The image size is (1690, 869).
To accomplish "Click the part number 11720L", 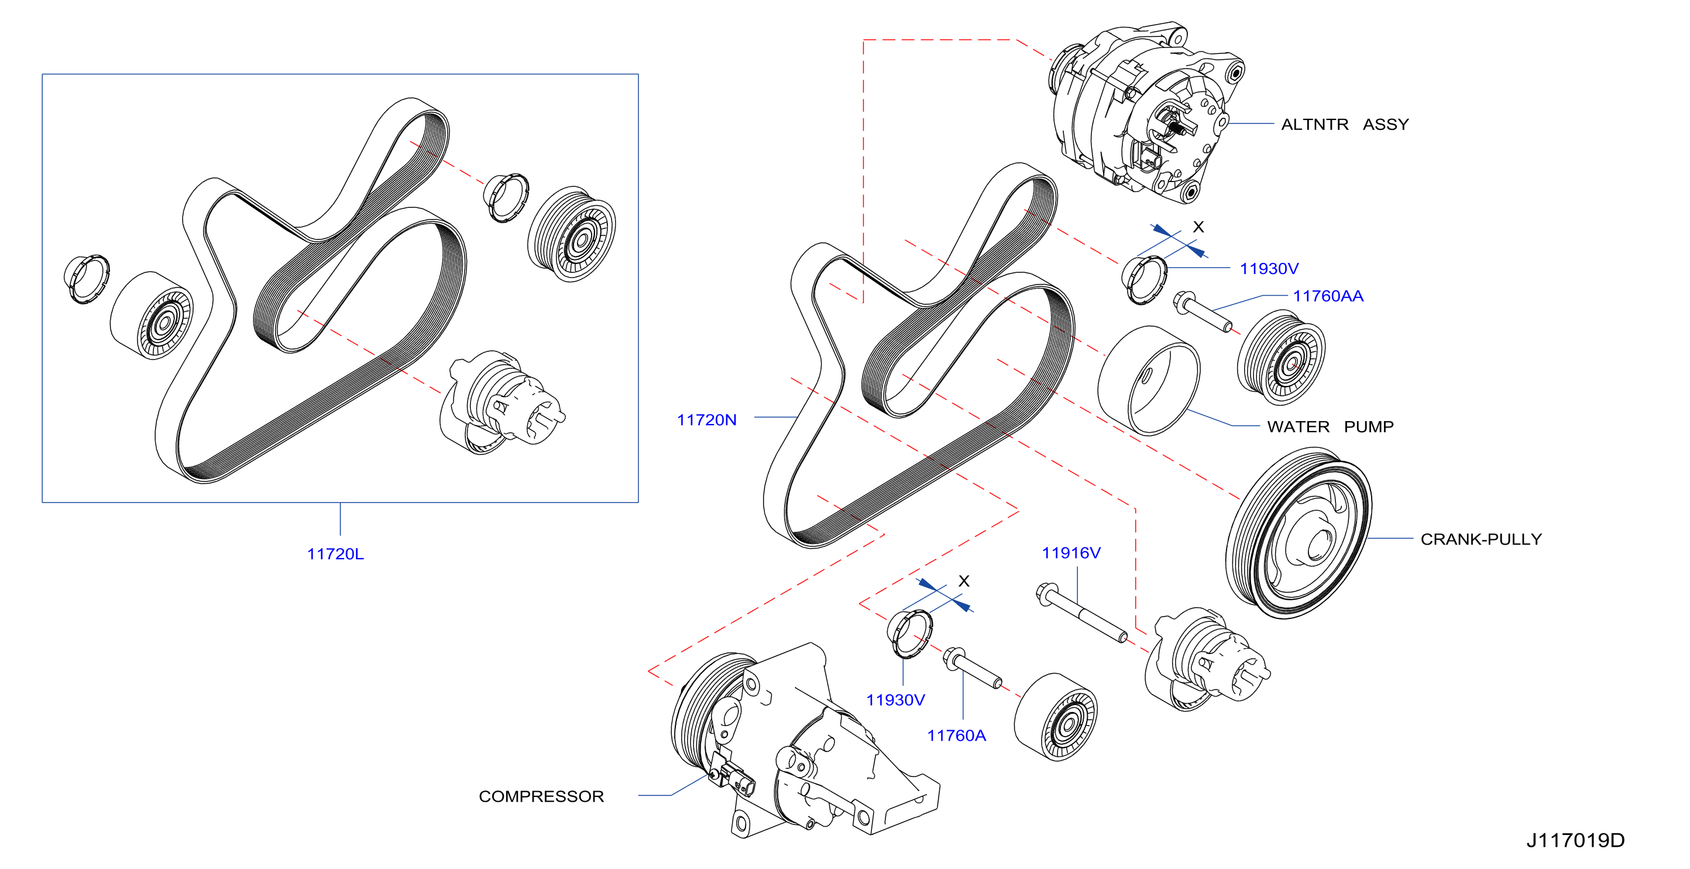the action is [335, 554].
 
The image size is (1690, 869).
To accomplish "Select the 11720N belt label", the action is [706, 420].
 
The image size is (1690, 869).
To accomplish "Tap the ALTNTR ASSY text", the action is [1345, 124].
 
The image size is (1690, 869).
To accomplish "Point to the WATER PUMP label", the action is [1331, 427].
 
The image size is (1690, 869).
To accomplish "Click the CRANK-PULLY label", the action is [1481, 539].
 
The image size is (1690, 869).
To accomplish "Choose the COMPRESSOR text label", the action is [541, 796].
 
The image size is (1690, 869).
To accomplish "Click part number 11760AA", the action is [1328, 296].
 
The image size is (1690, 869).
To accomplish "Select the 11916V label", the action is [1071, 553].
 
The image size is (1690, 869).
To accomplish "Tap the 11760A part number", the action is [957, 735].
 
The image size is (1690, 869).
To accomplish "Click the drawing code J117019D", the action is [1576, 840].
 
